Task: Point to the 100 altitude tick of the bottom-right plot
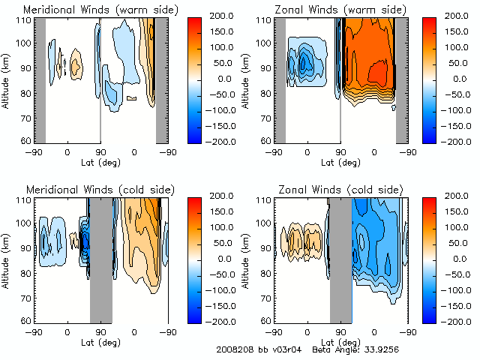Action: coord(265,223)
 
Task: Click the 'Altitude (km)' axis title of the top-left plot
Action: coord(7,79)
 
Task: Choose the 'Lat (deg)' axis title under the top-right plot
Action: coord(340,162)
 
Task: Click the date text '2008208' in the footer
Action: coord(232,349)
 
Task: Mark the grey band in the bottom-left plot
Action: coord(100,259)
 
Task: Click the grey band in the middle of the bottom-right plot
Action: coord(340,259)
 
